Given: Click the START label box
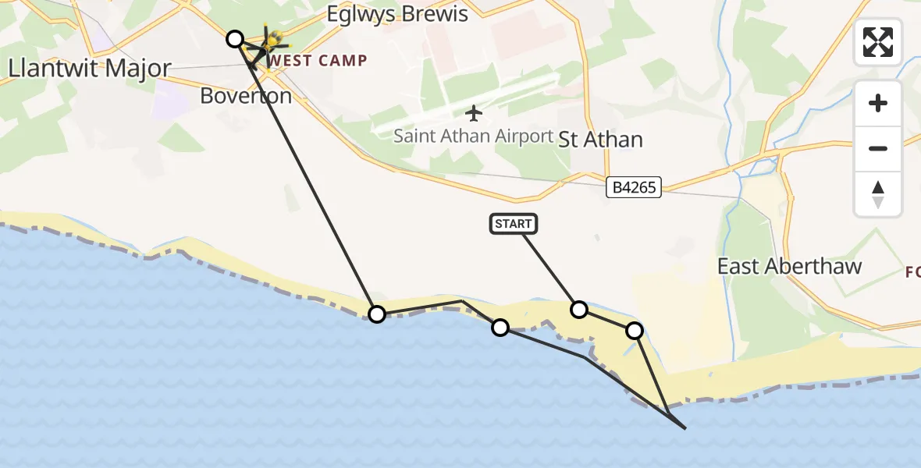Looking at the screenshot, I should (x=514, y=224).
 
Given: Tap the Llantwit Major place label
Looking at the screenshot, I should (x=90, y=69).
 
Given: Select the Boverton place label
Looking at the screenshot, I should (x=246, y=96).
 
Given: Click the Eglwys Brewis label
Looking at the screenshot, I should (x=397, y=14).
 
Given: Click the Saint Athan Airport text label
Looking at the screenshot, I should (x=473, y=136).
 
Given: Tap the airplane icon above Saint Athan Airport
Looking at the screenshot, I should (x=473, y=113).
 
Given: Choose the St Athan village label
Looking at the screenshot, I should (x=601, y=140).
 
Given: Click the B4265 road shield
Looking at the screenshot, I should (x=634, y=187).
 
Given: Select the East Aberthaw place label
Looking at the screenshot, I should (x=789, y=266).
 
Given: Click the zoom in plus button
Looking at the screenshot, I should (x=878, y=103).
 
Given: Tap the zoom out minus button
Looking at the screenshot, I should (x=878, y=148).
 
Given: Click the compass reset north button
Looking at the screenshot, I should (x=878, y=194).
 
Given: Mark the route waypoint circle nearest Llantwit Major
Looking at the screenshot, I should (x=235, y=38).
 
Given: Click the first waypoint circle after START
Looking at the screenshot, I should (x=579, y=310).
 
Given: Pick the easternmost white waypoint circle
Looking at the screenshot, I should (x=635, y=331).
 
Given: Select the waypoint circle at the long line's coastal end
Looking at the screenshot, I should (x=377, y=314).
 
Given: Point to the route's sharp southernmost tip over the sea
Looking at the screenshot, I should (x=685, y=428).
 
